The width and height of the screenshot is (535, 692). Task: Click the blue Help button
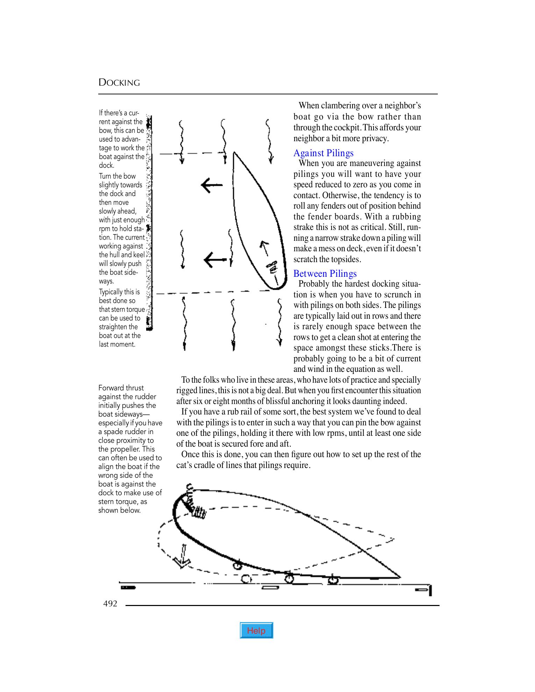pos(256,630)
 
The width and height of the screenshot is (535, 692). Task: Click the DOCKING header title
pos(119,83)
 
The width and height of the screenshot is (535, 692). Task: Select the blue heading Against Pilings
pos(323,153)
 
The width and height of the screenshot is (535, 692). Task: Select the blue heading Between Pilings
pos(325,274)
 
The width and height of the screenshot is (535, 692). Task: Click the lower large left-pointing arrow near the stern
pos(214,260)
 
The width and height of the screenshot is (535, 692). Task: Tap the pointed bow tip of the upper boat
pos(234,152)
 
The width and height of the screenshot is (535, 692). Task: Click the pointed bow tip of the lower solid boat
pos(400,577)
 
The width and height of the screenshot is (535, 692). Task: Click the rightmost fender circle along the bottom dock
pos(333,580)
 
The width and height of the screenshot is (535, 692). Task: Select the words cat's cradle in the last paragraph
pos(197,465)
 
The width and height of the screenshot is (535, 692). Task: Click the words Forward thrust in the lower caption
pos(121,388)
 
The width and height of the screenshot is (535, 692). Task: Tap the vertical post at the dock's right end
pos(430,590)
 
